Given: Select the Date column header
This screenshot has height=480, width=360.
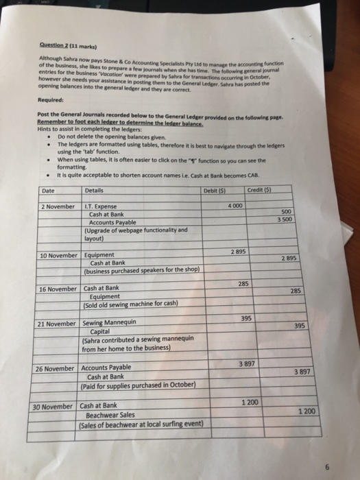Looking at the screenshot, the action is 48,171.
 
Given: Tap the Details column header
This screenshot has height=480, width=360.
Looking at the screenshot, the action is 94,171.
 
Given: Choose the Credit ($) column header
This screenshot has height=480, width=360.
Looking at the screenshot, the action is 261,170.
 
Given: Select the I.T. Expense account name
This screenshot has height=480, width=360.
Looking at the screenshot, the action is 101,188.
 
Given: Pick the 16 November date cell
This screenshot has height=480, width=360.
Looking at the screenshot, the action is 58,289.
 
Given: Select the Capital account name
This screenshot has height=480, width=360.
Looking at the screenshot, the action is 101,331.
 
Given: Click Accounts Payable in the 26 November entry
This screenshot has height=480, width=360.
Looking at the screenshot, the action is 106,368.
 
